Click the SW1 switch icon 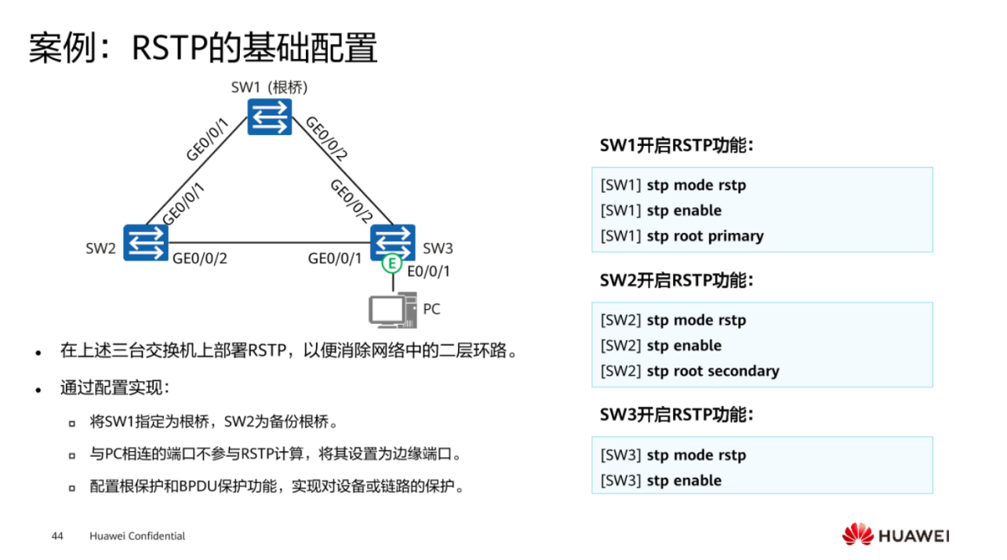[270, 117]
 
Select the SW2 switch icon [146, 242]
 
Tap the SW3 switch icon [393, 239]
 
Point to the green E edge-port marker [392, 264]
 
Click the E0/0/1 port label [428, 271]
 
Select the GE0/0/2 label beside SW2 [200, 258]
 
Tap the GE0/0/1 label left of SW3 [335, 258]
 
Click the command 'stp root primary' [704, 236]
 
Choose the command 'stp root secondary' [712, 371]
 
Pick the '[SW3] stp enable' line [661, 481]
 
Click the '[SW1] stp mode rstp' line [673, 186]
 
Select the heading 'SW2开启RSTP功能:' [676, 280]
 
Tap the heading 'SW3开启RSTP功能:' [676, 415]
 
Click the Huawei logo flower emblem [857, 535]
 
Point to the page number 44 [56, 536]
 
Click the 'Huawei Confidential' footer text [137, 536]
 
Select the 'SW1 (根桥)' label [269, 87]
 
